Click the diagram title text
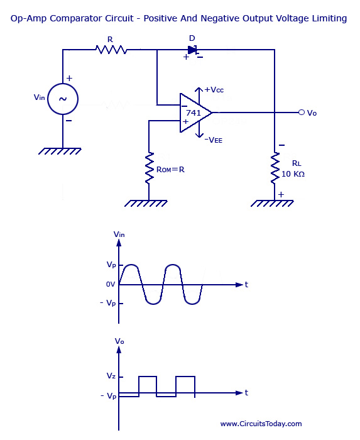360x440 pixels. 179,18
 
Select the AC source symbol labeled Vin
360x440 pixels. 63,99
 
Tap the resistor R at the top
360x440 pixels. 111,49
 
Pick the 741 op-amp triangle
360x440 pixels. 194,113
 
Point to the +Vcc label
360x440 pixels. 214,90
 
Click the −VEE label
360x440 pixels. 213,140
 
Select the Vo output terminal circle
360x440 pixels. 302,113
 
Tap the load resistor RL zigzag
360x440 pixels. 275,168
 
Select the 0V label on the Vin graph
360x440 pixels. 111,285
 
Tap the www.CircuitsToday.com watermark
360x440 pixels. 261,424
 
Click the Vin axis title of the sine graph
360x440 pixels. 119,234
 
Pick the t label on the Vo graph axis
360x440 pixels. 246,392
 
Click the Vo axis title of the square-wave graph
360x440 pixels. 119,341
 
